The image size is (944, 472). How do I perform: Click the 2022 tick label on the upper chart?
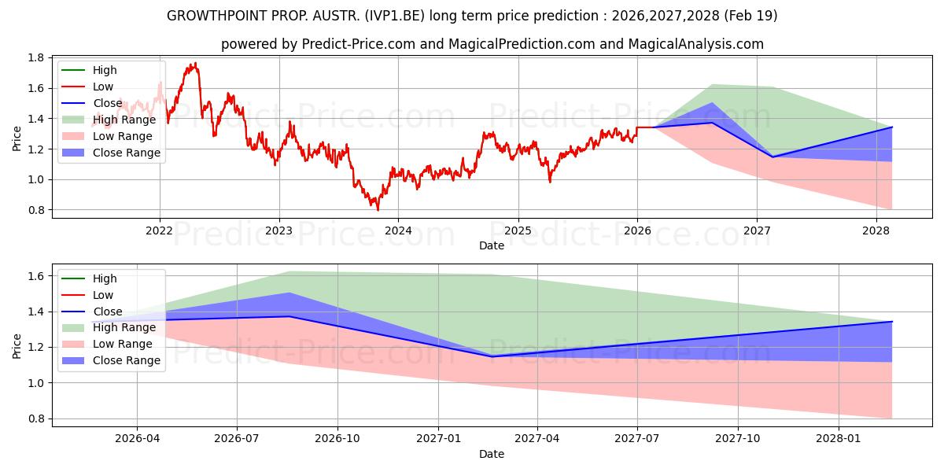(160, 230)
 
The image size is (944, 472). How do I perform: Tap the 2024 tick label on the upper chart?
(398, 230)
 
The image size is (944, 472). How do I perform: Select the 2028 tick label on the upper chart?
(876, 230)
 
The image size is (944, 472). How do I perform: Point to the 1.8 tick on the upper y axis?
(35, 57)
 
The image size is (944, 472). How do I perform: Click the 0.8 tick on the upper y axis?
(35, 210)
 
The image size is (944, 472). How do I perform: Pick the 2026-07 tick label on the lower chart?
(237, 438)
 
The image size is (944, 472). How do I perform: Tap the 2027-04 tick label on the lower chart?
(537, 438)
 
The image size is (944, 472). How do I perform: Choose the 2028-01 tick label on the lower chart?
(839, 438)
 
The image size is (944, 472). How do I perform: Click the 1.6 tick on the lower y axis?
(35, 276)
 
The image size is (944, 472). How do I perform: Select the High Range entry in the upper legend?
(124, 120)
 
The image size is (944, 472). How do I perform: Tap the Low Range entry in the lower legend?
(124, 344)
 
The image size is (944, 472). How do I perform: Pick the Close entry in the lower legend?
(108, 312)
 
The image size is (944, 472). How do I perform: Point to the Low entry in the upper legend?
(103, 87)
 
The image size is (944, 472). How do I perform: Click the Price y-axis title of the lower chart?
(17, 345)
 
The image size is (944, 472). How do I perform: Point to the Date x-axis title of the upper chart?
(492, 245)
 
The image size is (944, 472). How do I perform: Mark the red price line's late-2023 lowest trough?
(378, 209)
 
